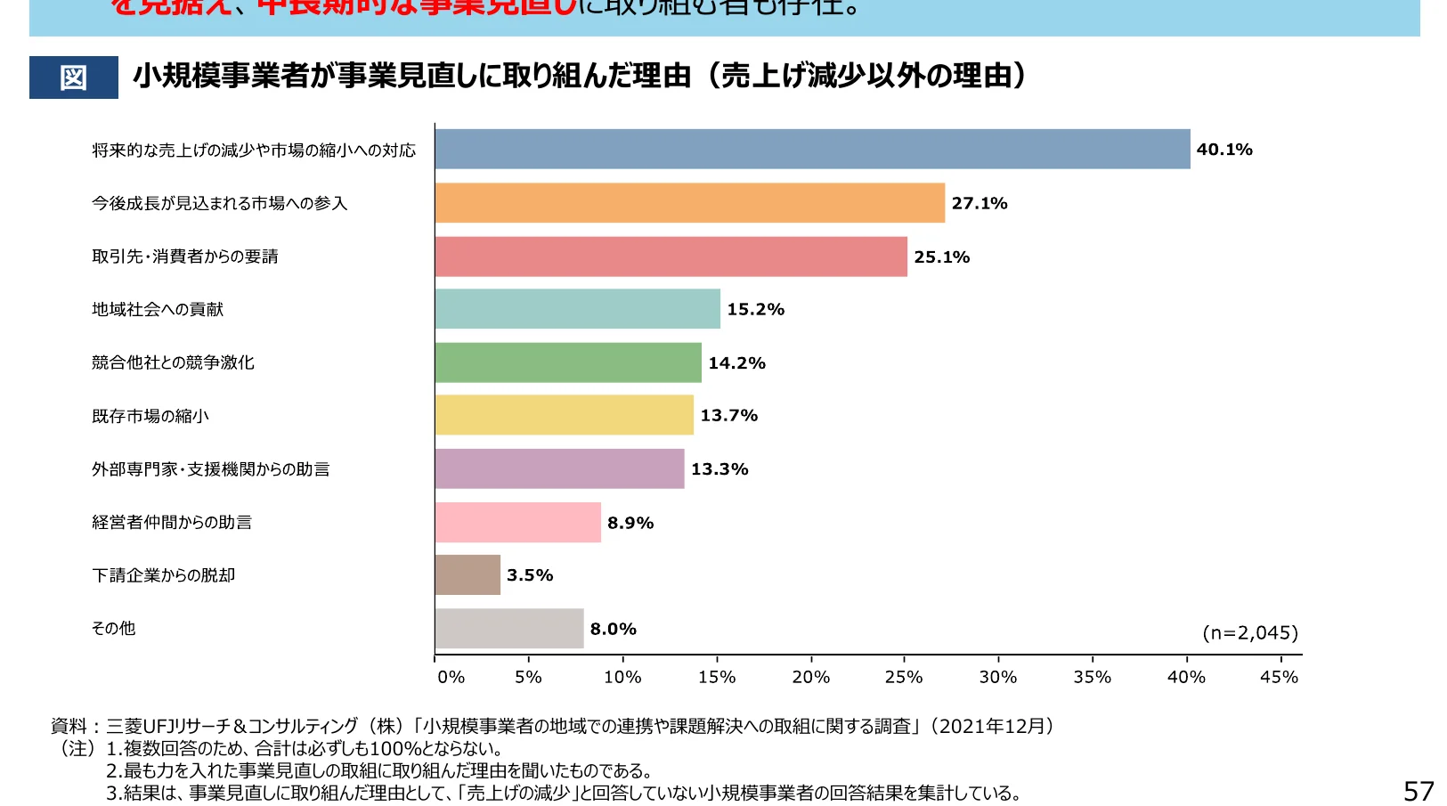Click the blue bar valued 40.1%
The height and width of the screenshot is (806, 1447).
(x=812, y=150)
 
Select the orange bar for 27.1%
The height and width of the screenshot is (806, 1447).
(x=690, y=203)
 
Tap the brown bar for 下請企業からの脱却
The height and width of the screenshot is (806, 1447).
(x=467, y=575)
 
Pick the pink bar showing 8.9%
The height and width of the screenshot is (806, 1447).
(x=518, y=523)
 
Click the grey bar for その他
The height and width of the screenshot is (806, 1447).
(x=509, y=629)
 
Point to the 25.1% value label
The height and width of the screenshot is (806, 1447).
(x=941, y=257)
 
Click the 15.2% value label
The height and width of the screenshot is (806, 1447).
(x=755, y=310)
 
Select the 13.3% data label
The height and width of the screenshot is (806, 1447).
(x=719, y=469)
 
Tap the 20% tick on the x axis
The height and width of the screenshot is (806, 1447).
(x=810, y=678)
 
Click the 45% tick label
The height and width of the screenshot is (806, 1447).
(x=1279, y=678)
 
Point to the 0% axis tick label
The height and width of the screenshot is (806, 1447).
(x=451, y=678)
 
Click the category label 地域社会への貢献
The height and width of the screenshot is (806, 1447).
(x=158, y=310)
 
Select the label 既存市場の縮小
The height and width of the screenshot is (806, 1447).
(x=150, y=416)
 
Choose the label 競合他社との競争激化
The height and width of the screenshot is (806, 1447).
(x=173, y=362)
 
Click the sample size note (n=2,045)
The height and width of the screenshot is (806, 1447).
(x=1250, y=633)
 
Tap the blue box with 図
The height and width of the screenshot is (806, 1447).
(x=74, y=77)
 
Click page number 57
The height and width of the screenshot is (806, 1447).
(x=1419, y=791)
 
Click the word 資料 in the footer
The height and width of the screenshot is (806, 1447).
(x=69, y=727)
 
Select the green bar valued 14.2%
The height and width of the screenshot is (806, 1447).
(x=568, y=363)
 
